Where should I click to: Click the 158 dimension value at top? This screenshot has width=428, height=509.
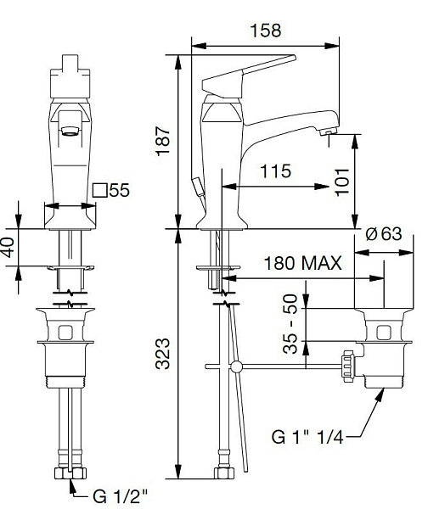click(265, 31)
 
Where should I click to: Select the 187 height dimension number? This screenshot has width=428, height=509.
click(163, 141)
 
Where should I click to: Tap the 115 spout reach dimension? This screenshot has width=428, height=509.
click(276, 171)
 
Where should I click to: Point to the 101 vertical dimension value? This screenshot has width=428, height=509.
click(342, 182)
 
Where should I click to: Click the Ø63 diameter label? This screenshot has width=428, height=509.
click(384, 233)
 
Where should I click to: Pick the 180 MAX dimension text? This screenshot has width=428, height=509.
click(302, 263)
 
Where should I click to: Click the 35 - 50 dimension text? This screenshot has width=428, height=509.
click(290, 324)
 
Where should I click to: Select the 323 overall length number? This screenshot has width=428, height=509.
click(162, 354)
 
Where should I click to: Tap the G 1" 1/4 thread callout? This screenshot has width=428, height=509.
click(307, 437)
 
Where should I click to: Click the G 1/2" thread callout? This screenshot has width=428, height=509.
click(121, 495)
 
